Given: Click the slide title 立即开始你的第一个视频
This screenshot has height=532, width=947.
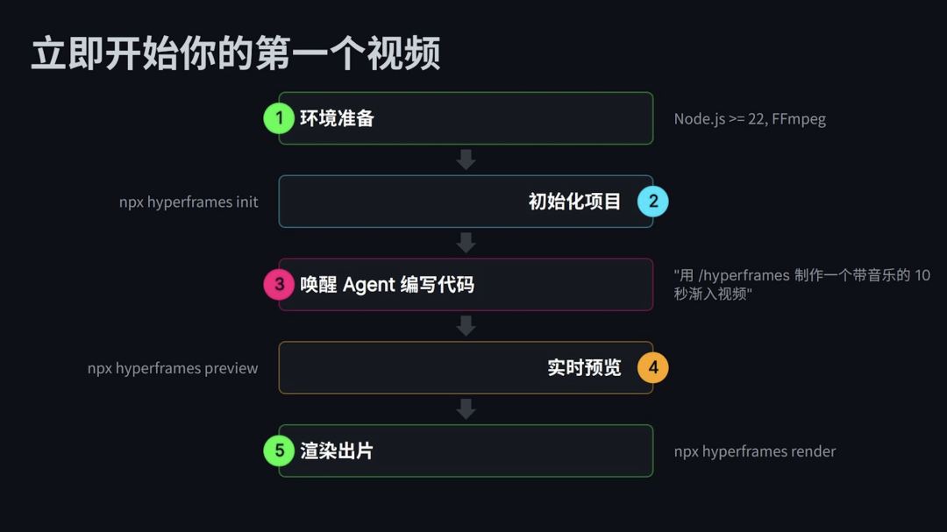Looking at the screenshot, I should [235, 54].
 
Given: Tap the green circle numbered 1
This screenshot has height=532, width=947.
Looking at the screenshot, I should [279, 118].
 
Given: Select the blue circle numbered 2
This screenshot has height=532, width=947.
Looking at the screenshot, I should [652, 202].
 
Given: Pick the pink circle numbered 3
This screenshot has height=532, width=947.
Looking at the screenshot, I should [279, 285].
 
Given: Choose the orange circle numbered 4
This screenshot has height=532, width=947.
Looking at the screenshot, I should [652, 368].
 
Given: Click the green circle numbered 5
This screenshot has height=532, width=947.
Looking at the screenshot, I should [279, 451].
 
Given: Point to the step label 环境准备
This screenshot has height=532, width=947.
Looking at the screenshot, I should [337, 118].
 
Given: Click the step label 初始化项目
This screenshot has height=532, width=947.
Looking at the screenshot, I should [574, 202].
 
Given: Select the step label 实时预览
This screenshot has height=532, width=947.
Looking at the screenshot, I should [584, 368].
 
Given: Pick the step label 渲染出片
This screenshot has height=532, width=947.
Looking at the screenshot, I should [337, 451].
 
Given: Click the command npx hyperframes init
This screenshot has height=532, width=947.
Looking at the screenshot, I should [189, 202].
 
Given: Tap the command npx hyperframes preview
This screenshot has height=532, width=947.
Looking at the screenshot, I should [173, 368].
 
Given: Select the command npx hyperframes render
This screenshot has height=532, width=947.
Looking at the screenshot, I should [755, 452].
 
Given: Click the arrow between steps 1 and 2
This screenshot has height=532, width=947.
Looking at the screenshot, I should [466, 160].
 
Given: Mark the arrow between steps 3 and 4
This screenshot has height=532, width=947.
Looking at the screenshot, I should [466, 326].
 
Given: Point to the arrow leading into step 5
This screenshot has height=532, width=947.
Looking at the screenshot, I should [466, 409].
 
